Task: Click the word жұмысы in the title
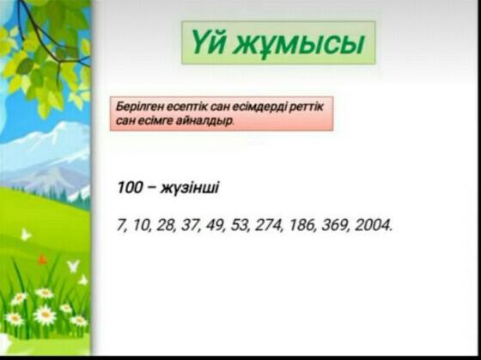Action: [x=301, y=44]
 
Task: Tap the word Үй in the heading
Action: [x=210, y=41]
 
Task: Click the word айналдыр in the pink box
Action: [x=205, y=121]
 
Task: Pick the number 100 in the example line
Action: [x=130, y=187]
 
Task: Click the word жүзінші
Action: [x=190, y=188]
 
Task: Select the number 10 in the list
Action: [x=142, y=225]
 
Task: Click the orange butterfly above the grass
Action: [x=42, y=259]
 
